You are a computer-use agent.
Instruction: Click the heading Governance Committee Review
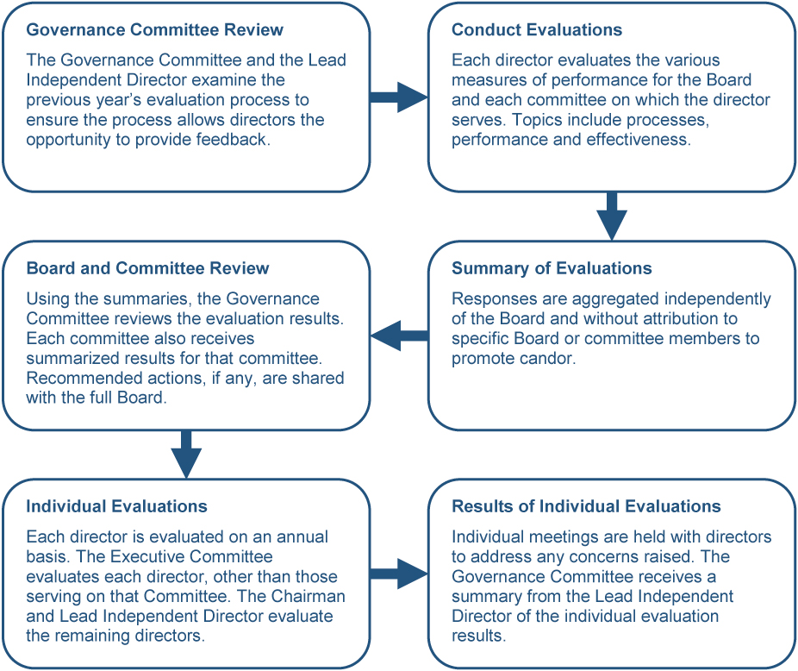(155, 30)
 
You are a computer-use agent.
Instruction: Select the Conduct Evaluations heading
(537, 30)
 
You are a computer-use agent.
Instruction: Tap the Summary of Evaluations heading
(552, 268)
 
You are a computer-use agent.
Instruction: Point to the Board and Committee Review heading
(147, 268)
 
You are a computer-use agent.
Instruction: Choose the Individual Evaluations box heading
(117, 506)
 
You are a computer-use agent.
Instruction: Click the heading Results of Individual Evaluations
(586, 506)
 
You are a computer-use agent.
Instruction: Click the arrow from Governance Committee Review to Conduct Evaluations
(399, 97)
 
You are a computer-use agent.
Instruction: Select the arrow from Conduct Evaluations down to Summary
(612, 215)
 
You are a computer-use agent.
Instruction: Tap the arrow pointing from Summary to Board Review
(400, 335)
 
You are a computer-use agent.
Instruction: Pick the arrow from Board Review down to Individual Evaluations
(186, 453)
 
